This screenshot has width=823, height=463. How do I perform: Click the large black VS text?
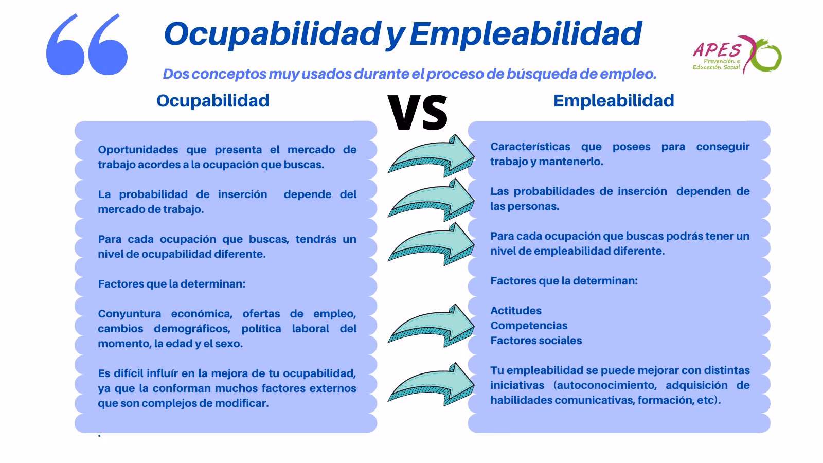[417, 112]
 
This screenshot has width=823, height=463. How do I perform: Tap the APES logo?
[736, 54]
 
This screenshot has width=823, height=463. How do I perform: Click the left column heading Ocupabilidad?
[212, 100]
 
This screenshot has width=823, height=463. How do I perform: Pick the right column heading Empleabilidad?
[613, 100]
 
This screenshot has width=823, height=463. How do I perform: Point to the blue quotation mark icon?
[86, 45]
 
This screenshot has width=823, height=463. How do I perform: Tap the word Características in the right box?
[530, 147]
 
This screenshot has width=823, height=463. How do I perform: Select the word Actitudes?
[515, 311]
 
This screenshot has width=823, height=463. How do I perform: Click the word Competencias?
[529, 326]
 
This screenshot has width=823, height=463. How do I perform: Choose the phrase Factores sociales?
[536, 341]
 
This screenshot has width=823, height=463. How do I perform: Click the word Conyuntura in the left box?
[129, 314]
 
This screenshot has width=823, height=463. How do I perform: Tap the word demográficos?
[190, 329]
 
